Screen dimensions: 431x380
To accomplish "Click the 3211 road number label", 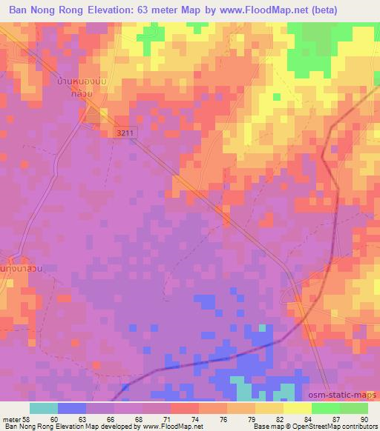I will pyautogui.click(x=126, y=131).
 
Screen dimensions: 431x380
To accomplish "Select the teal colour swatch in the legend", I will pyautogui.click(x=44, y=408).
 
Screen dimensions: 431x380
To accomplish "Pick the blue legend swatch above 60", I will pyautogui.click(x=72, y=408).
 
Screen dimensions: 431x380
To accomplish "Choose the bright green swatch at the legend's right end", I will pyautogui.click(x=354, y=408).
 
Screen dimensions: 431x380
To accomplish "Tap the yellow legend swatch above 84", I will pyautogui.click(x=298, y=408).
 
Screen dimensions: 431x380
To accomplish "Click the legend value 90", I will pyautogui.click(x=364, y=418).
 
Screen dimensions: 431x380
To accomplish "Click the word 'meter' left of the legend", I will pyautogui.click(x=12, y=418).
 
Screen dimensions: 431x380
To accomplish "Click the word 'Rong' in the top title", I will pyautogui.click(x=79, y=11).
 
